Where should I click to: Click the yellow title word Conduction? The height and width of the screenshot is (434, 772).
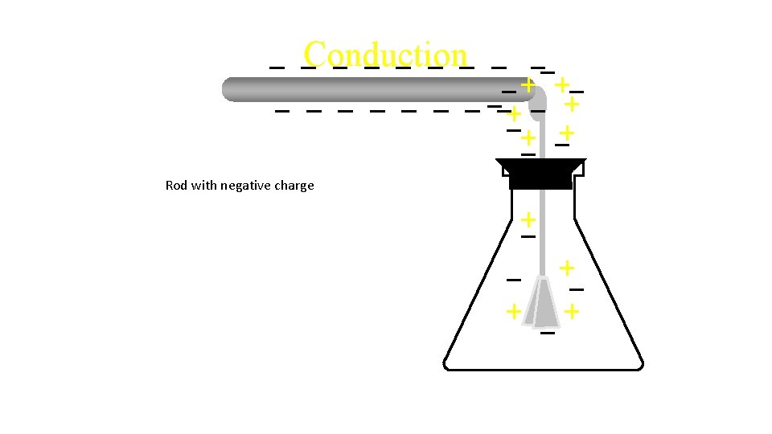(385, 55)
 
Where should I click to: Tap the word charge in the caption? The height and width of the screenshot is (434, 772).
(295, 186)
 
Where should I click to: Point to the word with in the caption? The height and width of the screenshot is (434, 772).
(204, 186)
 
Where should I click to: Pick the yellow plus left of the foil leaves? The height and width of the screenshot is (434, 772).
(511, 310)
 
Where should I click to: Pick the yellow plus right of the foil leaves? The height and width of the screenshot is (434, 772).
(572, 310)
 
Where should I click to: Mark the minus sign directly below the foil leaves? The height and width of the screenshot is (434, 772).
(548, 332)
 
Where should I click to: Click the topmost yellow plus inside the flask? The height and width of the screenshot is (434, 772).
(528, 219)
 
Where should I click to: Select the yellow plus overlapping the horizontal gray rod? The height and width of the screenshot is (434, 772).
(527, 84)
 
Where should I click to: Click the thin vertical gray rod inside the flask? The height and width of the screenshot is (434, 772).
(543, 241)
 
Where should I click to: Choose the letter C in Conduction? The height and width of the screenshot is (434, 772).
(314, 55)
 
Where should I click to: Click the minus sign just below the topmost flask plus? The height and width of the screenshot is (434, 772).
(528, 237)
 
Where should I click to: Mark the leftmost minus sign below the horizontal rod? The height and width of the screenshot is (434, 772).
(282, 110)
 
